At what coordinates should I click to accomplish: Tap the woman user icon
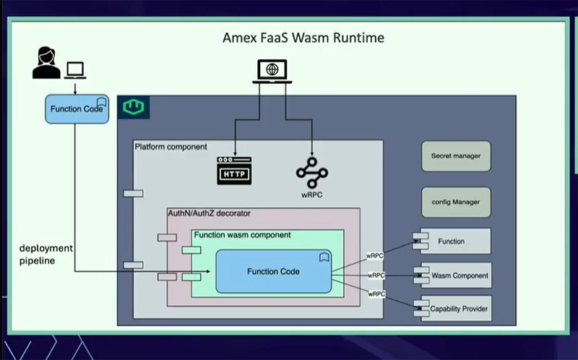pos(46,64)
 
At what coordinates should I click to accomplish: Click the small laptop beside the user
pos(76,70)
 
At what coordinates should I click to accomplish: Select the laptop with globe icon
pos(272,72)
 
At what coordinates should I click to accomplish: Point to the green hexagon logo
pos(134,108)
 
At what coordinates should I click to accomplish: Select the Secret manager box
pos(456,155)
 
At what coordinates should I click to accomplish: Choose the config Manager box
pos(456,202)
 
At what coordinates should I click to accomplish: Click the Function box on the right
pos(452,241)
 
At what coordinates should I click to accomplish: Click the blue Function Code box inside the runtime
pos(273,271)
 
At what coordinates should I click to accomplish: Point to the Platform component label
pos(171,147)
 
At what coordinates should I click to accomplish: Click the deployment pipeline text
pos(46,254)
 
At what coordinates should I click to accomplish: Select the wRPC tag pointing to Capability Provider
pos(376,294)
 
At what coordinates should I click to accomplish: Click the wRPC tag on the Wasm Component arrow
pos(376,275)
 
